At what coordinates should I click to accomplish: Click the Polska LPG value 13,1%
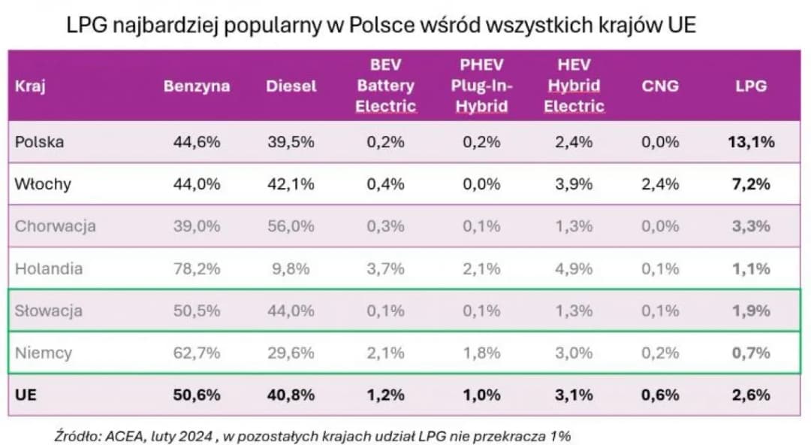[751, 142]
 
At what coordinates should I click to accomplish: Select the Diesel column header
[291, 86]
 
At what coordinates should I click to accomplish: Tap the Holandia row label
[48, 268]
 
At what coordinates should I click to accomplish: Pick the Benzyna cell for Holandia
[196, 268]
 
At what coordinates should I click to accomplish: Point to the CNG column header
[660, 86]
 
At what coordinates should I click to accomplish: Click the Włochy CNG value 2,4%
[660, 184]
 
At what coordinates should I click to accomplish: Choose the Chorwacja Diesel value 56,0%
[291, 226]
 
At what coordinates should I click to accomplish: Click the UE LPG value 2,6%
[751, 395]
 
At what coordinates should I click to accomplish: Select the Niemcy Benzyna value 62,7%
[196, 353]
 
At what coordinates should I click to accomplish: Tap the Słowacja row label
[48, 310]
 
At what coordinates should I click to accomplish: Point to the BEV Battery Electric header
[386, 86]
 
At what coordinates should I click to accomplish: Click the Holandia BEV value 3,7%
[386, 268]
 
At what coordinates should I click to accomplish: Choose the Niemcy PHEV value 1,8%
[481, 353]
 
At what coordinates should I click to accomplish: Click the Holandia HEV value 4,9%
[574, 268]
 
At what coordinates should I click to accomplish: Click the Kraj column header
[30, 86]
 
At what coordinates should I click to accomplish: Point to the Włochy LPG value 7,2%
[751, 184]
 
